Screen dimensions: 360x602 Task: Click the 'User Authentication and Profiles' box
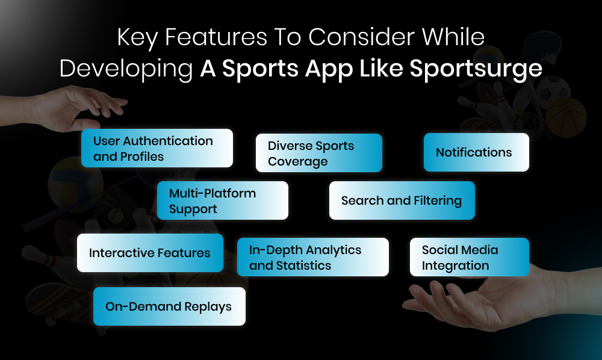[157, 148]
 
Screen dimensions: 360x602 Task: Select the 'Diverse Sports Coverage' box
[318, 153]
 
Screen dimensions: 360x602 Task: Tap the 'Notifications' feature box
[476, 152]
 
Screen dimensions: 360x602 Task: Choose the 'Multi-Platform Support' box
[222, 200]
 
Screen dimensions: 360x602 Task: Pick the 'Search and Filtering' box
[402, 200]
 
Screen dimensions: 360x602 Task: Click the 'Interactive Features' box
[150, 253]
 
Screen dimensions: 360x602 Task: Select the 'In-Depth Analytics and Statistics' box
[312, 257]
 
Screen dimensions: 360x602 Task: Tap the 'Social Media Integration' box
[469, 257]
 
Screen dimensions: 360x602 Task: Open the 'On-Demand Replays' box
[169, 306]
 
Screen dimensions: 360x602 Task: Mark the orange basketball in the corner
[566, 117]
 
